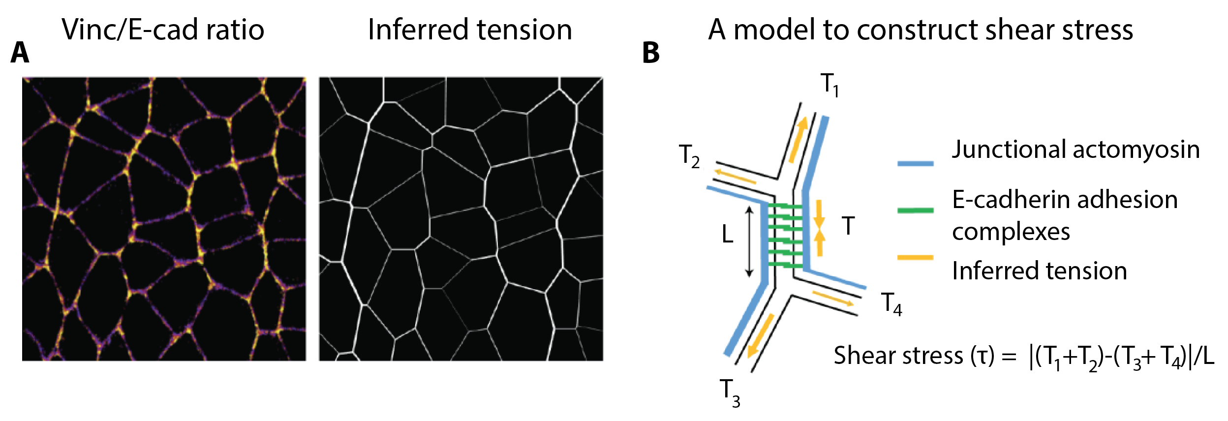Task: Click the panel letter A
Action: (20, 53)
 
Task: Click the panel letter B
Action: (650, 53)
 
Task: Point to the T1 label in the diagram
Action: (829, 85)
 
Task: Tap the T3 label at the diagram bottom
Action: (730, 393)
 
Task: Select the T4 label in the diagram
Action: (891, 303)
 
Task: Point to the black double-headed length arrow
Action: (749, 241)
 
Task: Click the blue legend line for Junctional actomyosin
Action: (915, 163)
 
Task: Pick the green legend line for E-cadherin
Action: (915, 210)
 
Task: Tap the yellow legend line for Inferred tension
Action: (915, 257)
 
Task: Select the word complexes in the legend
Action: (1011, 231)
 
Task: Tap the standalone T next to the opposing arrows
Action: (848, 226)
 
